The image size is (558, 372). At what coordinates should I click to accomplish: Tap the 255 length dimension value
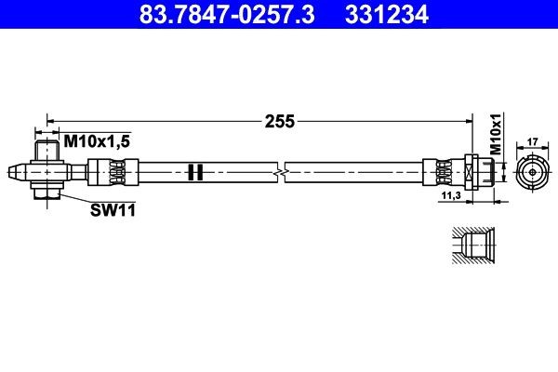[x=280, y=120]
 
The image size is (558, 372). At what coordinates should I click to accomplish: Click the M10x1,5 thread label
[x=96, y=140]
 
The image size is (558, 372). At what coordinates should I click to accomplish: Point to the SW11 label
[x=109, y=210]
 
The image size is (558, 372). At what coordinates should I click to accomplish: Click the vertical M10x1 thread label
[x=496, y=136]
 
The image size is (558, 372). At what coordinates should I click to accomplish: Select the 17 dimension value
[x=532, y=142]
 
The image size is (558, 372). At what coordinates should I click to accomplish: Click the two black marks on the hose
[x=194, y=172]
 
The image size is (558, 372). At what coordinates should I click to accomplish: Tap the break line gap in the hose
[x=281, y=172]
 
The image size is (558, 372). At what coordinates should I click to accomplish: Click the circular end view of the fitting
[x=532, y=173]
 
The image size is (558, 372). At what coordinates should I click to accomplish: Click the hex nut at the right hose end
[x=472, y=172]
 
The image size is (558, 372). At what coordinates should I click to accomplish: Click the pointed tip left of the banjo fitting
[x=10, y=171]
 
